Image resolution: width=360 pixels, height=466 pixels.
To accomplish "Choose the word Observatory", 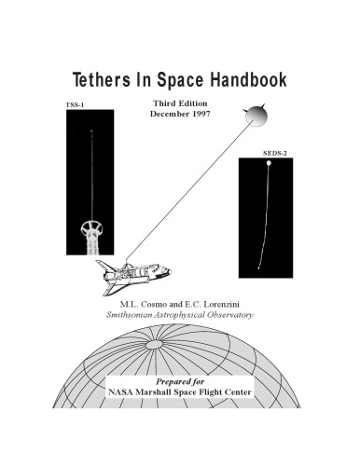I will (222, 317).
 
